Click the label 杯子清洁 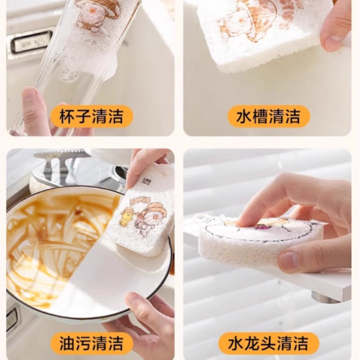(91, 117)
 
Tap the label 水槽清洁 (269, 117)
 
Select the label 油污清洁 (91, 343)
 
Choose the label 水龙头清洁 (268, 343)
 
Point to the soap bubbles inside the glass (69, 74)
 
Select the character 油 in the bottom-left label (67, 343)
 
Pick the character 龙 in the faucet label (252, 343)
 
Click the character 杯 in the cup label (67, 117)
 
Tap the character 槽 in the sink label (261, 117)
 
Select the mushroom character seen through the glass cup (96, 15)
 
